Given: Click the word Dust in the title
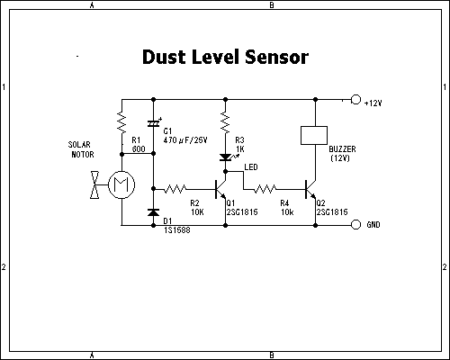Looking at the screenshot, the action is [x=164, y=57].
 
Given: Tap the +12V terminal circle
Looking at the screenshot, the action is [x=355, y=99].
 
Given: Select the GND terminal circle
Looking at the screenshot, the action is [x=355, y=224].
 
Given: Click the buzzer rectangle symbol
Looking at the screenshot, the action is [x=314, y=135].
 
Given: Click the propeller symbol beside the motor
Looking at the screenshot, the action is [x=94, y=184].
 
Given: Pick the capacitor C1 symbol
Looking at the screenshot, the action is [x=154, y=123].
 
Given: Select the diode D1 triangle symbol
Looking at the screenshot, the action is [x=154, y=212].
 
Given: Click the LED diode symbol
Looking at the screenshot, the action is [x=226, y=157].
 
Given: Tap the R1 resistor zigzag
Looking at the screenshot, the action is [x=121, y=122].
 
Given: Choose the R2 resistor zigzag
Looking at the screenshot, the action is [x=175, y=189].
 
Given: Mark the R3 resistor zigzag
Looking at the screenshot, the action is [x=226, y=122].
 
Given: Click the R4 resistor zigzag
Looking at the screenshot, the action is [x=265, y=189].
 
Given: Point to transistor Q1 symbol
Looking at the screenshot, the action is [x=220, y=189].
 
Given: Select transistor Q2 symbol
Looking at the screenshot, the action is [x=310, y=189].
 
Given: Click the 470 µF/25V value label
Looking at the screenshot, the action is [x=185, y=140].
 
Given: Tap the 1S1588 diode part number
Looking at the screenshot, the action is [x=177, y=230].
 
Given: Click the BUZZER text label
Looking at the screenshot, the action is [x=342, y=149].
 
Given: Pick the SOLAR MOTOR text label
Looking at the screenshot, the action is [x=81, y=149].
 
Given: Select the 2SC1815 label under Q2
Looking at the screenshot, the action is [x=332, y=212].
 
